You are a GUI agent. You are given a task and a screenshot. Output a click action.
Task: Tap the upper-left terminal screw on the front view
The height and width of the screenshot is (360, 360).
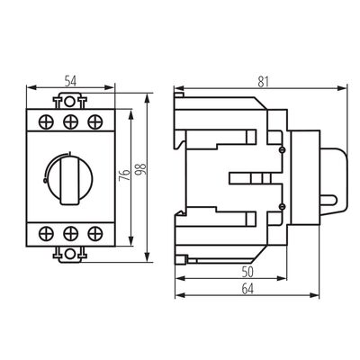point(48,121)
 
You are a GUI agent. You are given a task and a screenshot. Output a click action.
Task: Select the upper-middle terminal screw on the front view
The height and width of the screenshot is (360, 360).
point(69,121)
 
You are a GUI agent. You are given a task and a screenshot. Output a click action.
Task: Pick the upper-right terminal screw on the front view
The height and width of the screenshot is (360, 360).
point(91,121)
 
